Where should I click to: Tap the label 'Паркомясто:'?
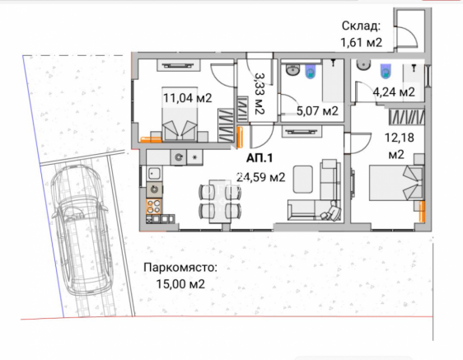[180, 269]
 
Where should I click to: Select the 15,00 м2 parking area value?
[180, 284]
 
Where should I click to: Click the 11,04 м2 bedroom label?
[188, 98]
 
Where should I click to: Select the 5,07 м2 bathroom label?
[317, 110]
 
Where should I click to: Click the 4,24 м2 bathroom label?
[393, 91]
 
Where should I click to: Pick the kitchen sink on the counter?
[153, 186]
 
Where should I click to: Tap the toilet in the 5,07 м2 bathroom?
[311, 71]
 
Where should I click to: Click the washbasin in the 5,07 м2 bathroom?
[292, 72]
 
